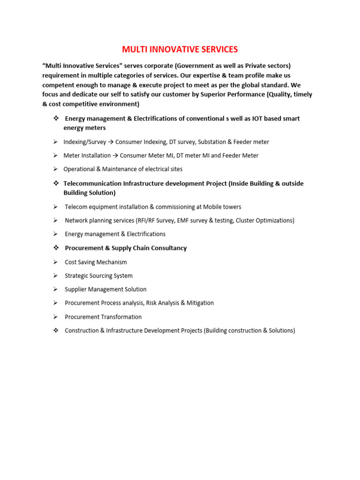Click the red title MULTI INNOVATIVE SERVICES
point(180,49)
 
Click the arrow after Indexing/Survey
point(111,142)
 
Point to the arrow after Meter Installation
point(115,155)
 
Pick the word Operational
point(80,169)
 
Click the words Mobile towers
point(223,207)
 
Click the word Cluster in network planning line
point(246,220)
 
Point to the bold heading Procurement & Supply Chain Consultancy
point(126,248)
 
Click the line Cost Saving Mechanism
point(96,262)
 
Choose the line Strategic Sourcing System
point(98,276)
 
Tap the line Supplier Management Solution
point(105,289)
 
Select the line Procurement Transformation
point(103,317)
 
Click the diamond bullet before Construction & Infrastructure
point(55,330)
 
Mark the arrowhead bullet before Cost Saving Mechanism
point(55,262)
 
